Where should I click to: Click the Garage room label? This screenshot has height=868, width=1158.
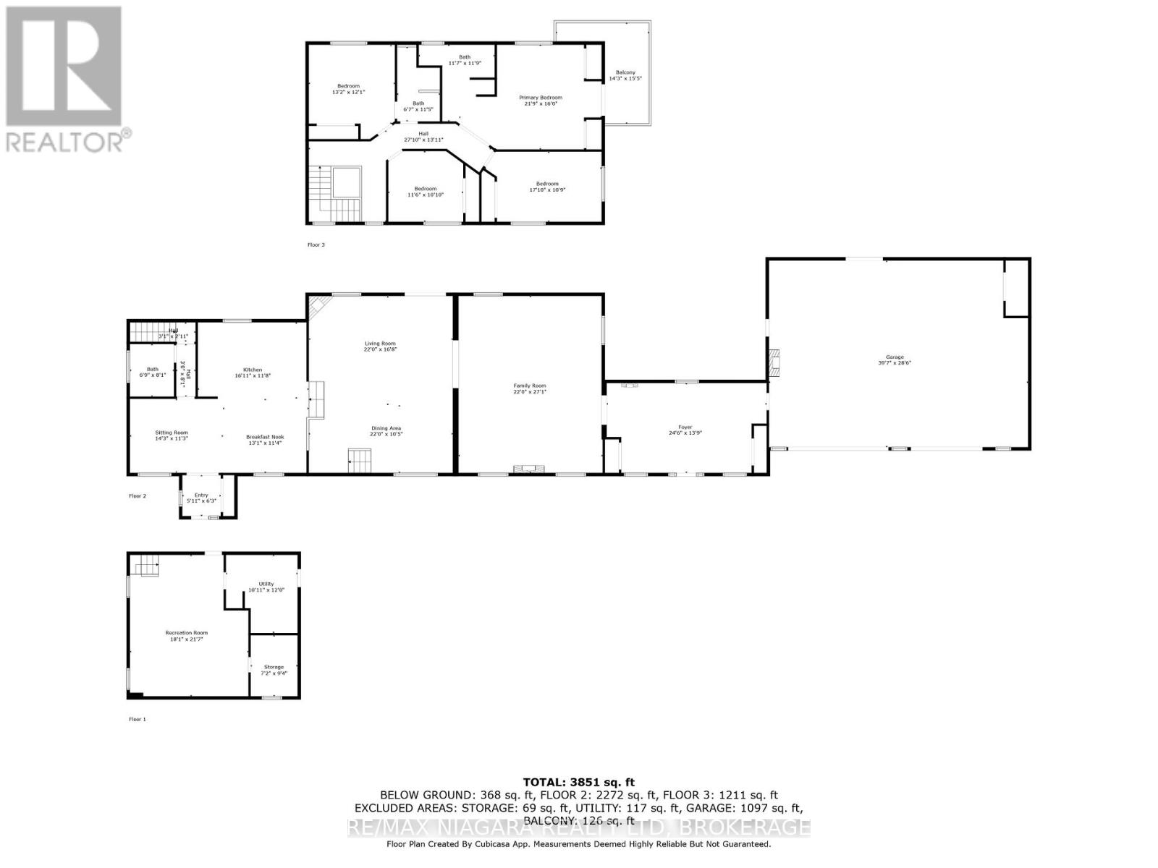tap(895, 359)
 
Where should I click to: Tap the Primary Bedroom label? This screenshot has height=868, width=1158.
tap(540, 101)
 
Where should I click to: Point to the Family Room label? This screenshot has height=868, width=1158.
tap(530, 388)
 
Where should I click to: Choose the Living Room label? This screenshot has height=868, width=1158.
tap(380, 346)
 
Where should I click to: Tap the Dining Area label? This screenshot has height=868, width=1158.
tap(386, 430)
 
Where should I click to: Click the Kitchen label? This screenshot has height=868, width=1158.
tap(253, 373)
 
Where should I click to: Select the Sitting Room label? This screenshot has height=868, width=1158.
tap(172, 435)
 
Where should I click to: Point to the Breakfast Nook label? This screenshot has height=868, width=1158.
tap(265, 440)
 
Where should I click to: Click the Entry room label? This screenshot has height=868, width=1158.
tap(201, 498)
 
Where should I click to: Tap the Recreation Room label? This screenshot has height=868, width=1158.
tap(186, 636)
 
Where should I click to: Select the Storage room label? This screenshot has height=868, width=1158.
tap(274, 670)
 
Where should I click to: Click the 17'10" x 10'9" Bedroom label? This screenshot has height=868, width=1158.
tap(547, 187)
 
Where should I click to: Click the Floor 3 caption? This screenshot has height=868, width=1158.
tap(316, 244)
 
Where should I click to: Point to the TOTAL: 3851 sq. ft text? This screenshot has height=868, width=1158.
tap(578, 782)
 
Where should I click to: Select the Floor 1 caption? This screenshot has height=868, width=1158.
tap(138, 719)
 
